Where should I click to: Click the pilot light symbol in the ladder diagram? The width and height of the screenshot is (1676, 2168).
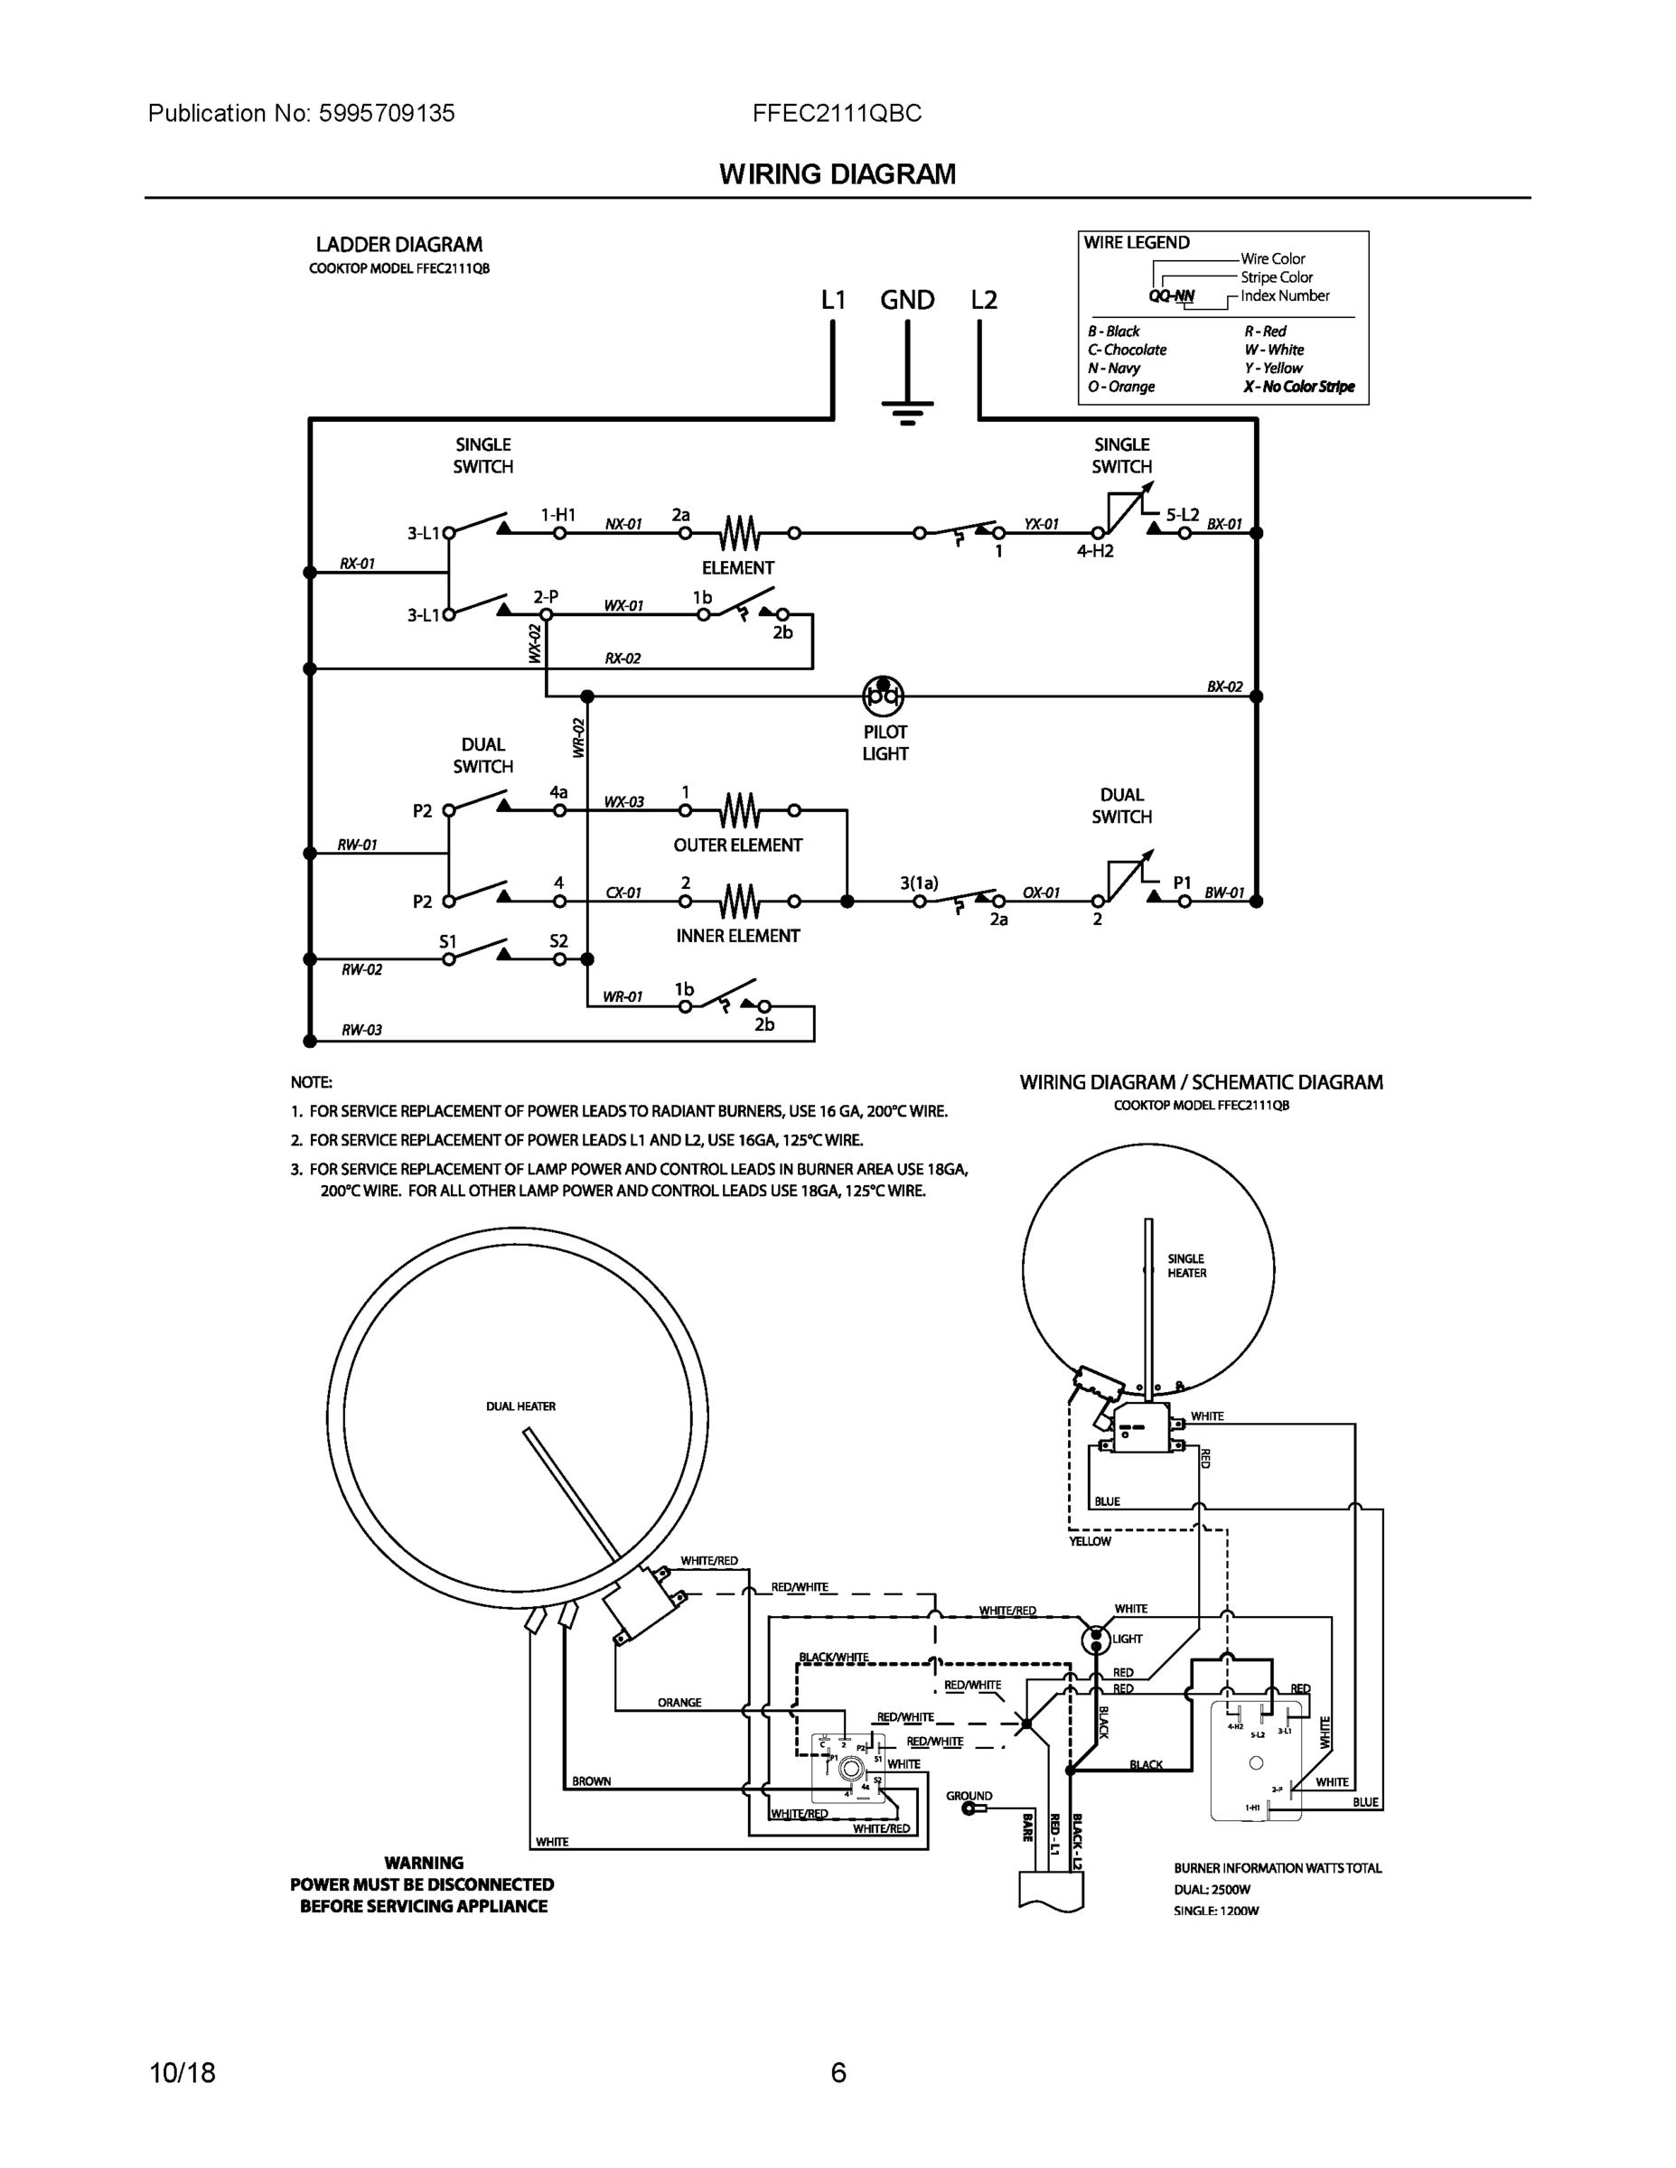[x=883, y=696]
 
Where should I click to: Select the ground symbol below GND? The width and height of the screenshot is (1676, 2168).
[x=906, y=410]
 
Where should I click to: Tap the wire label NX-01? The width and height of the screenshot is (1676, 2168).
[x=623, y=524]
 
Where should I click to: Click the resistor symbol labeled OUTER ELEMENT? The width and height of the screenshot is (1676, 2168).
[x=740, y=811]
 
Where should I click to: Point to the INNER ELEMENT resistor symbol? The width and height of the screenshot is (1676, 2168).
[x=740, y=902]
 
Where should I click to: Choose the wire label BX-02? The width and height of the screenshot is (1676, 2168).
[x=1224, y=687]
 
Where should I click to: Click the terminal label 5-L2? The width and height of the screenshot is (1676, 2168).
[x=1182, y=515]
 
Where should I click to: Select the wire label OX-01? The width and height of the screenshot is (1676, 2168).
[x=1041, y=893]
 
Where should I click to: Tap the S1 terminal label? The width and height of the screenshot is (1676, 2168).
[x=449, y=941]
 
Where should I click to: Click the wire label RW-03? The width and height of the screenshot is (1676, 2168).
[x=361, y=1031]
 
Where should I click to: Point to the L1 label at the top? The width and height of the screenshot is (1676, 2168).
[x=833, y=300]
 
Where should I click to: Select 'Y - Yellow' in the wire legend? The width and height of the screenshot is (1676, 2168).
[x=1273, y=369]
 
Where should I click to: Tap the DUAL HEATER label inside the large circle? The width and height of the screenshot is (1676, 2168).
[x=520, y=1406]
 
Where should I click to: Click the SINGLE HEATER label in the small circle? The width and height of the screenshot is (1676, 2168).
[x=1186, y=1266]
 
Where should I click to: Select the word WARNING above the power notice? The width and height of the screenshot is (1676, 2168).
[x=424, y=1864]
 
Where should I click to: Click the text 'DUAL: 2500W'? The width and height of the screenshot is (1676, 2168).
[x=1213, y=1890]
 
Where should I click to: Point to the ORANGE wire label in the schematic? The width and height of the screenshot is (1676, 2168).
[x=679, y=1703]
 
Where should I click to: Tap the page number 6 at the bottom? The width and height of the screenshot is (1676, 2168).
[x=838, y=2073]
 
